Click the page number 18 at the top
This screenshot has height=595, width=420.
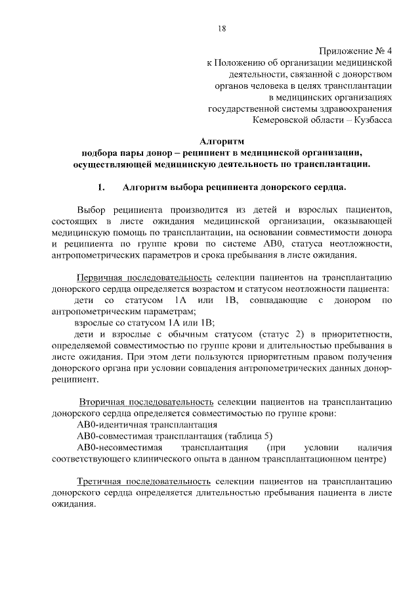221,28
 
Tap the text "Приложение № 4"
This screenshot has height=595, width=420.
356,50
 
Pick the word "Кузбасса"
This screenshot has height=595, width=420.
371,121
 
